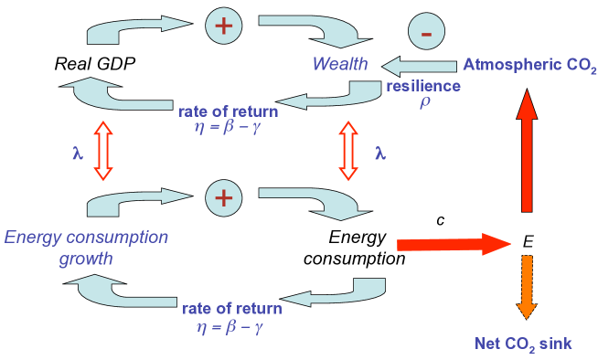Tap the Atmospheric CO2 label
click(x=529, y=65)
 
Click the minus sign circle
click(x=426, y=34)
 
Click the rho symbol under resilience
click(x=423, y=102)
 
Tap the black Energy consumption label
click(x=363, y=248)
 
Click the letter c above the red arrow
click(x=441, y=220)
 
